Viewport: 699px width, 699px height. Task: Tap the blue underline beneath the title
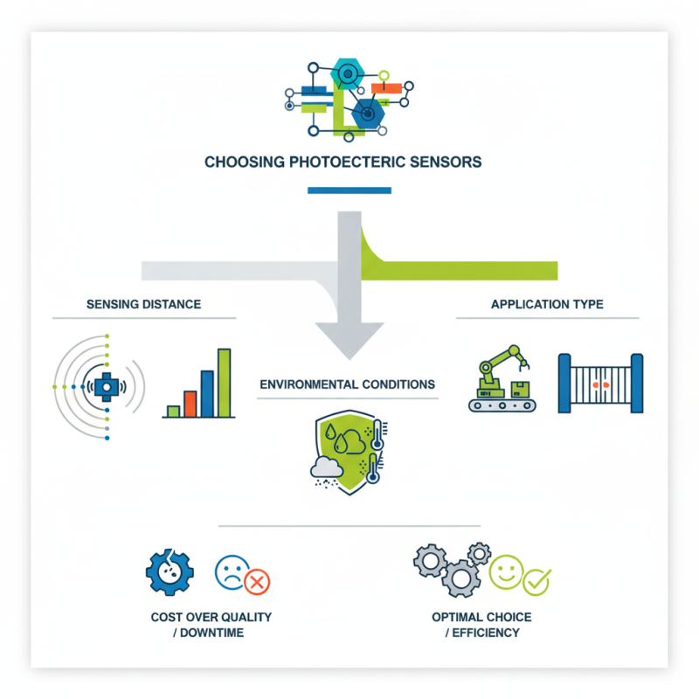pos(349,190)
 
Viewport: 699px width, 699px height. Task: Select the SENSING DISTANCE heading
pos(144,304)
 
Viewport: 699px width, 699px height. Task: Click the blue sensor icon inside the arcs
pos(106,385)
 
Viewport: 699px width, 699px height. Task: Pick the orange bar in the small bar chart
pos(190,403)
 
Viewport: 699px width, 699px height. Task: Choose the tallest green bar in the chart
pos(224,383)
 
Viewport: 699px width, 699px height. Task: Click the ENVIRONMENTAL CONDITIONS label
pos(347,384)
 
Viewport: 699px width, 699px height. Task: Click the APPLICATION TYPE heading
pos(547,304)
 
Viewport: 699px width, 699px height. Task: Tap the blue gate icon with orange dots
pos(600,383)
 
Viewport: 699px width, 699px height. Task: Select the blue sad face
pos(229,572)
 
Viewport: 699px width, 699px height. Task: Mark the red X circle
pos(257,582)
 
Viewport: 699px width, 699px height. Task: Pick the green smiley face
pos(506,572)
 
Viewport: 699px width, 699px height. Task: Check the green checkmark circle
pos(537,580)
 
